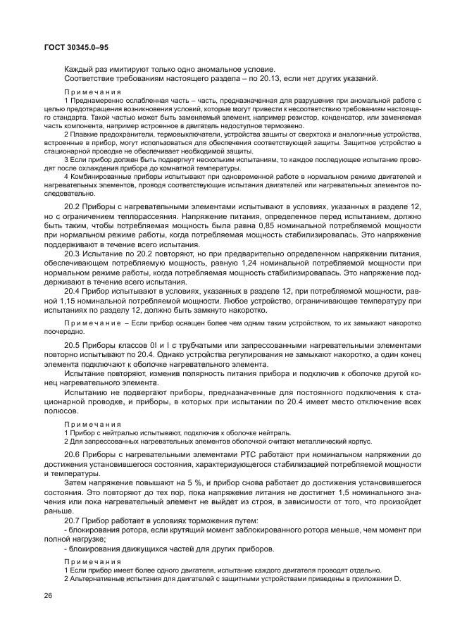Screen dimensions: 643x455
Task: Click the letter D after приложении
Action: coord(397,578)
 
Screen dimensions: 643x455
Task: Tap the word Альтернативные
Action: coord(99,578)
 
